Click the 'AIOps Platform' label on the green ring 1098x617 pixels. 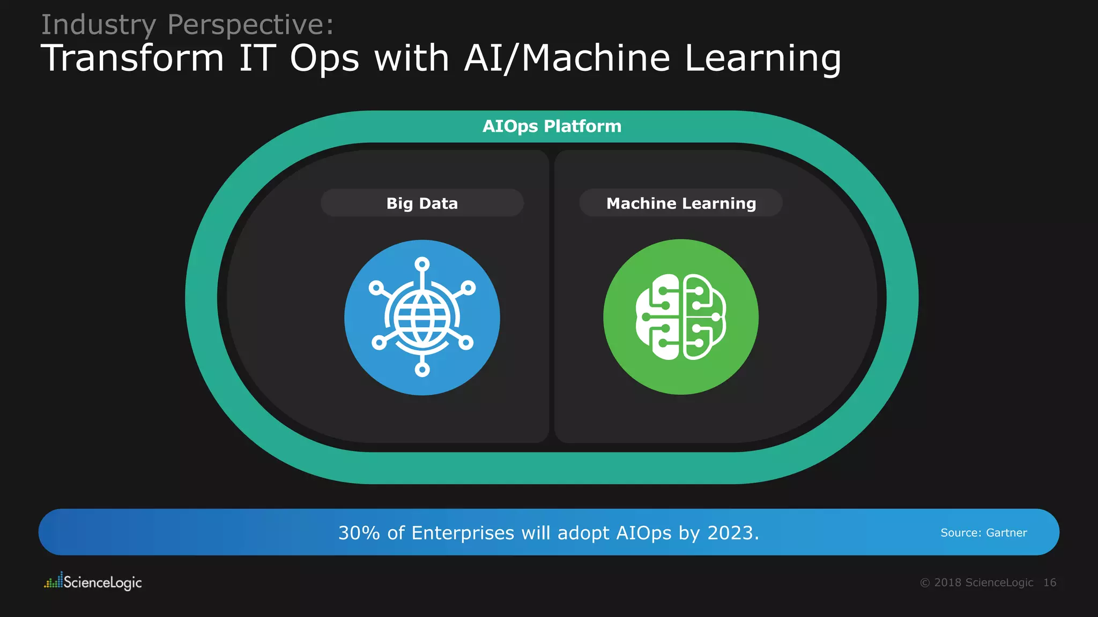click(552, 126)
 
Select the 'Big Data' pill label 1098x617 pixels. click(422, 204)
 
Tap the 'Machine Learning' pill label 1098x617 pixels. click(681, 204)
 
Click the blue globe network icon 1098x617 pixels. click(422, 318)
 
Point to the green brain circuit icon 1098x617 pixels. click(681, 317)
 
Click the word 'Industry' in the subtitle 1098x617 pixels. click(99, 25)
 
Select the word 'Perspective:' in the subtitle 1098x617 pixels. click(251, 25)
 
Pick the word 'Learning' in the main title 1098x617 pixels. click(763, 59)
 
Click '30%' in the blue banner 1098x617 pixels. click(359, 533)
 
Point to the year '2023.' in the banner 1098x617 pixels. click(733, 533)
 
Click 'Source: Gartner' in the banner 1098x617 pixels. click(983, 533)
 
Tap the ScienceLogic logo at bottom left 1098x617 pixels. click(93, 582)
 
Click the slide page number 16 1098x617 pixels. click(1050, 583)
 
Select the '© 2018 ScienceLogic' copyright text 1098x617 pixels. click(976, 583)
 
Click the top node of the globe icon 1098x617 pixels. click(422, 264)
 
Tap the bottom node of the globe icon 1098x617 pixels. click(422, 370)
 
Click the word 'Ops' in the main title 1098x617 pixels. click(324, 59)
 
